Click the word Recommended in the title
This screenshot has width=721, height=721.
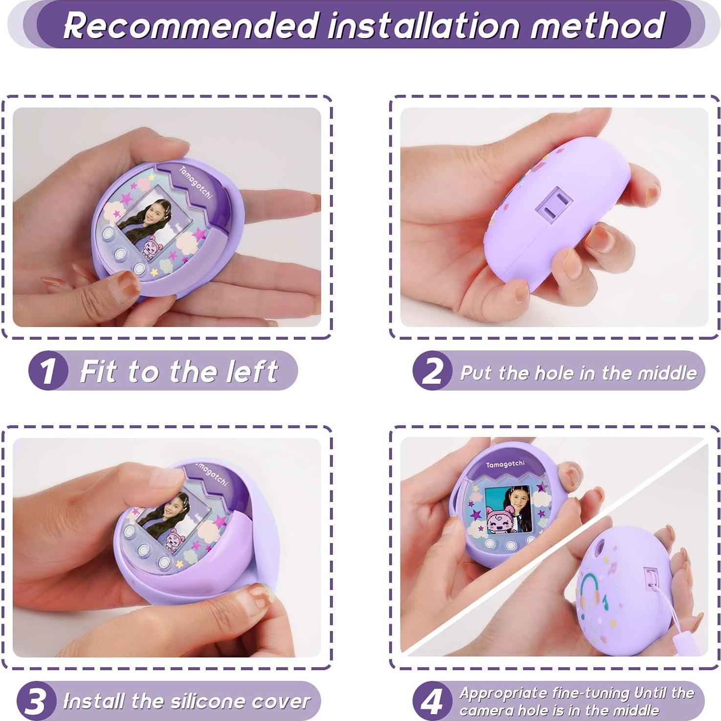coord(191,25)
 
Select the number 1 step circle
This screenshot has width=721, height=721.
coord(47,371)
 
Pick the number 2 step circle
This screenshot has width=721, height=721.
coord(432,371)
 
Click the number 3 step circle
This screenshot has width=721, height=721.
coord(35,701)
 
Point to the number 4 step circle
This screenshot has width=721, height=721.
coord(432,701)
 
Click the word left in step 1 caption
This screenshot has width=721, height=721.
coord(252,371)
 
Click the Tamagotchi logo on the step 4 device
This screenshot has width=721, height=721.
coord(505,464)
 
